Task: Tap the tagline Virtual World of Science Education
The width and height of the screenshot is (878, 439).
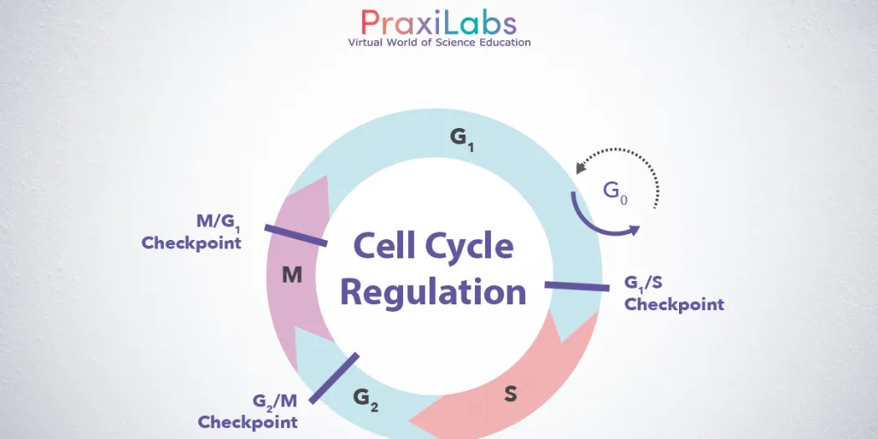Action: coord(439,42)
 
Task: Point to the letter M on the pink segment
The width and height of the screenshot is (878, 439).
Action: coord(292,274)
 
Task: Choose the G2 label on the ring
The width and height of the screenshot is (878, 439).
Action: coord(365,399)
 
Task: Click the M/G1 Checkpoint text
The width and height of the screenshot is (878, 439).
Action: coord(191,232)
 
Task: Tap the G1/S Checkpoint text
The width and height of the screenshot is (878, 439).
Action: coord(674,294)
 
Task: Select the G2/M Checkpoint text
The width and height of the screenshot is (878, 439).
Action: coord(248,411)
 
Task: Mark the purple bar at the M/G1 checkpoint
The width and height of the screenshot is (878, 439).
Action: coord(296,235)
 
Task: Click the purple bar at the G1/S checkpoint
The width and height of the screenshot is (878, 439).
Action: coord(577,286)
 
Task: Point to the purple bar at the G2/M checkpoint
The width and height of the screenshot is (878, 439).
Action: coord(334,378)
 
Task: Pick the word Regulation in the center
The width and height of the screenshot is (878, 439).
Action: coord(433,293)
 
